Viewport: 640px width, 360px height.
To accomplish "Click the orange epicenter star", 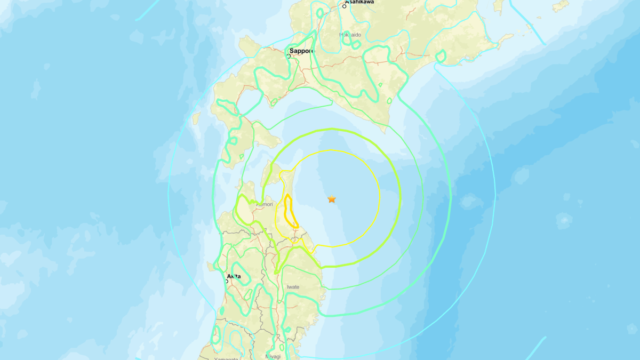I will point(332,199).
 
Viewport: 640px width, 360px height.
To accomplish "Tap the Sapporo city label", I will point(302,51).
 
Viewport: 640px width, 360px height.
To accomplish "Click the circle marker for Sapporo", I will point(289,55).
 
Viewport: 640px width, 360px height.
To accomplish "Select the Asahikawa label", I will point(359,2).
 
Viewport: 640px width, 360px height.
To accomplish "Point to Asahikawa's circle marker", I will point(345,6).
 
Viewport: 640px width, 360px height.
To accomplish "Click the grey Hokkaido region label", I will point(350,35).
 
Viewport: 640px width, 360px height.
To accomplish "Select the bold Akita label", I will point(234,276).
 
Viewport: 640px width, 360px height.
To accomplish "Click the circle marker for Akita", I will point(227,281).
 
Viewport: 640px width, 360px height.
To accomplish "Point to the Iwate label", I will point(293,287).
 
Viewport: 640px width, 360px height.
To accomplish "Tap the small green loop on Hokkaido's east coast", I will point(441,55).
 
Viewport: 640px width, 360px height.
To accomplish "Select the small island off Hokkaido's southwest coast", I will point(196,118).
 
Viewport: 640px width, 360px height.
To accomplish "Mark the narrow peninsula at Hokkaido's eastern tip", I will point(504,39).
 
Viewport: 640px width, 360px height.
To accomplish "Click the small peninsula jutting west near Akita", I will point(212,265).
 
